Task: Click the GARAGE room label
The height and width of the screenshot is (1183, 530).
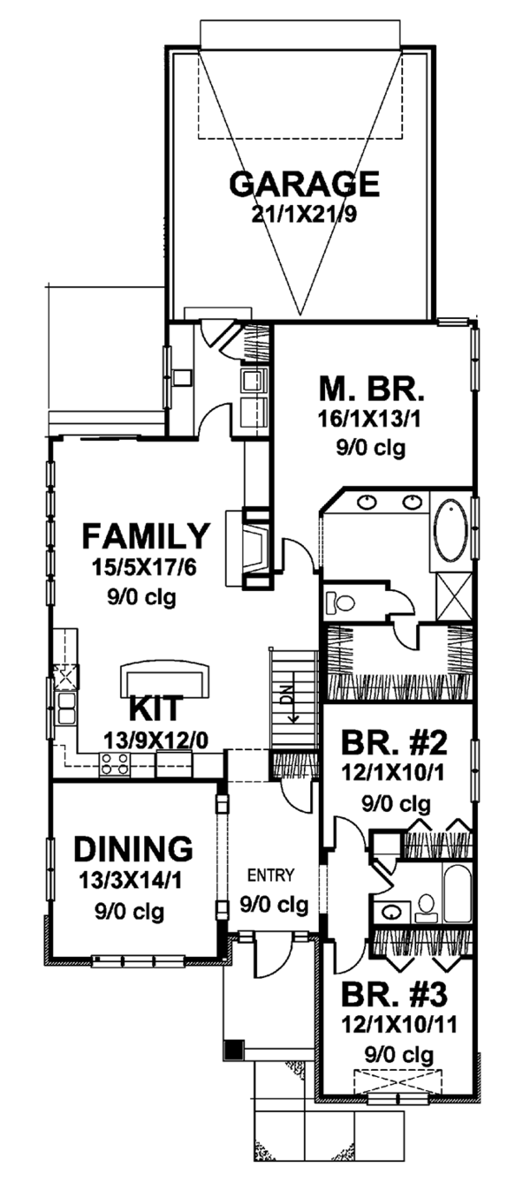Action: [305, 184]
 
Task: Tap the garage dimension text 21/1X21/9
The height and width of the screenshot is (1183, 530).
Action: [305, 215]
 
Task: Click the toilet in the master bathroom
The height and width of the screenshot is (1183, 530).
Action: [337, 602]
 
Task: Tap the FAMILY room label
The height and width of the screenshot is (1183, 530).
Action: [147, 536]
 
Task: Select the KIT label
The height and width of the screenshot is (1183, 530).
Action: [156, 709]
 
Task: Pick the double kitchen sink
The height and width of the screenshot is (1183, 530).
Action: [66, 709]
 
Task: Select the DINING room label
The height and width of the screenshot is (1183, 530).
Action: [133, 849]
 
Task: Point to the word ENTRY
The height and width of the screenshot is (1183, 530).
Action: [271, 876]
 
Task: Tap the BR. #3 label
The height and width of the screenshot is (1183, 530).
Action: [394, 995]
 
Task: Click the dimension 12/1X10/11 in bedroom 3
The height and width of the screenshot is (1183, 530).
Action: [398, 1025]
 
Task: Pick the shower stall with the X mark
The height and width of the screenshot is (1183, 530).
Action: [454, 595]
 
